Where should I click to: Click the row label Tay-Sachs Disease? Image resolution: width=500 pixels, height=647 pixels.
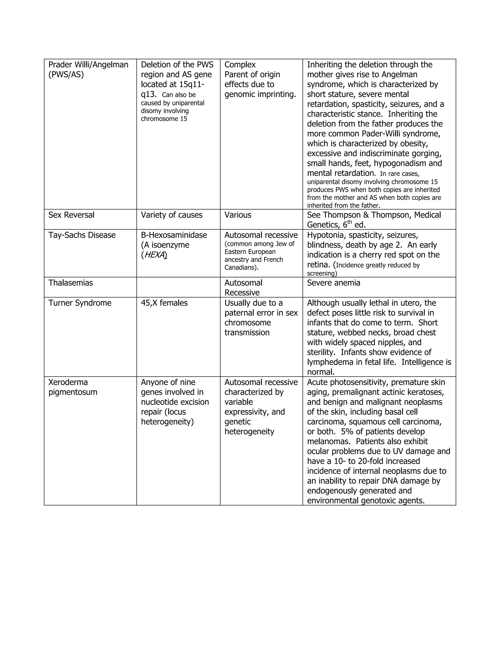click(82, 235)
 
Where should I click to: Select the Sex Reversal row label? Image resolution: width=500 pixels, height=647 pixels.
click(71, 215)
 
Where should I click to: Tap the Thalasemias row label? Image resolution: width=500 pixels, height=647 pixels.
click(71, 283)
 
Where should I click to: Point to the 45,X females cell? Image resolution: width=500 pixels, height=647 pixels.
click(164, 303)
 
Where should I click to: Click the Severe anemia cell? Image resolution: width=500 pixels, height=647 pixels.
click(333, 283)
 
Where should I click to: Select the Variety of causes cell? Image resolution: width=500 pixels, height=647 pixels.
click(171, 215)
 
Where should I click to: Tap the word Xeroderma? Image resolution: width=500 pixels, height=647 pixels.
click(68, 382)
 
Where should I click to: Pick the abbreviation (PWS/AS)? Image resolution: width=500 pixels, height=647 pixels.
click(66, 75)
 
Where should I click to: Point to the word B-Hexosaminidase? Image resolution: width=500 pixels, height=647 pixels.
click(174, 235)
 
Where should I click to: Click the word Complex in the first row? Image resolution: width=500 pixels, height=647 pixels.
click(240, 65)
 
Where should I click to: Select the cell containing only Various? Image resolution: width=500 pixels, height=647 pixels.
click(238, 215)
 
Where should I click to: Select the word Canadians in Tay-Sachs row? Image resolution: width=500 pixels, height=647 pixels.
click(240, 268)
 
